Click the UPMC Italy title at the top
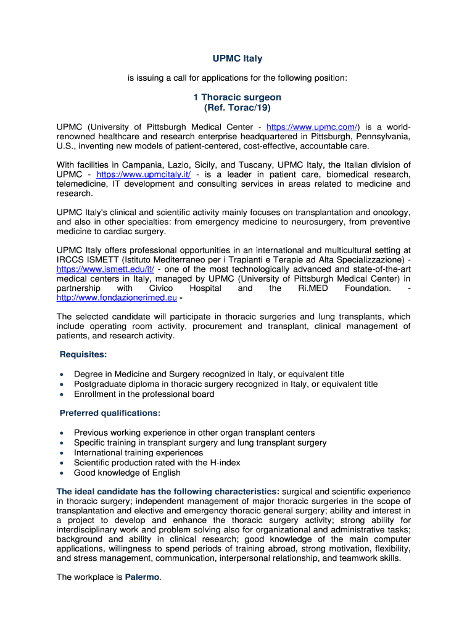point(238,59)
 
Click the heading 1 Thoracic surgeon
point(238,97)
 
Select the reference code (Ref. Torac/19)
point(238,107)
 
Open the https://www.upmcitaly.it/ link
point(140,174)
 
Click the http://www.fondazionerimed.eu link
point(117,298)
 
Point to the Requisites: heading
point(83,354)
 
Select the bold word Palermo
point(143,577)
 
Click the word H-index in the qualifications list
point(225,463)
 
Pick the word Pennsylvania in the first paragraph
point(379,137)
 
